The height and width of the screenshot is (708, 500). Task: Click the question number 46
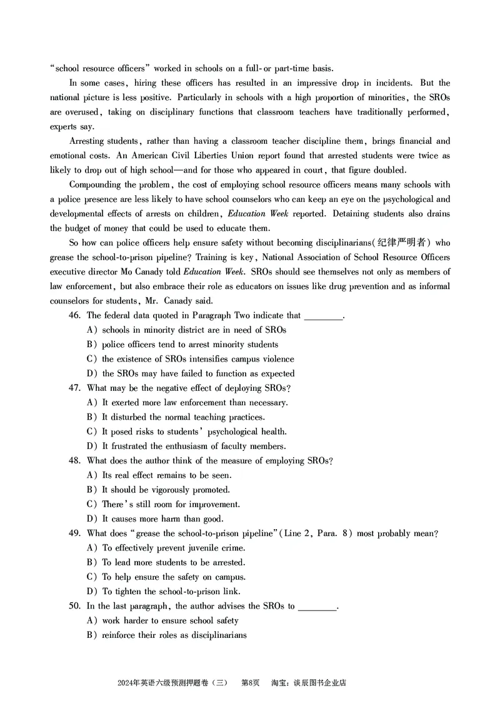tap(76, 316)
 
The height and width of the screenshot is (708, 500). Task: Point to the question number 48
tap(76, 461)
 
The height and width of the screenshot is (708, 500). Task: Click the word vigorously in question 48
tap(169, 490)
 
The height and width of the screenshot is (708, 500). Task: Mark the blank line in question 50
tap(317, 606)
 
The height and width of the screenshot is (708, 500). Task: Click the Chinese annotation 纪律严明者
tap(404, 243)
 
